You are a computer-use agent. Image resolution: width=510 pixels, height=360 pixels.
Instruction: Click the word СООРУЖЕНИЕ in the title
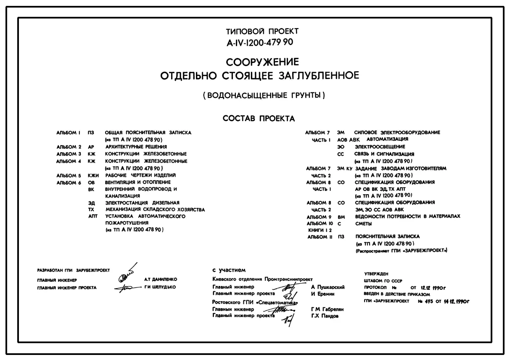[x=262, y=63]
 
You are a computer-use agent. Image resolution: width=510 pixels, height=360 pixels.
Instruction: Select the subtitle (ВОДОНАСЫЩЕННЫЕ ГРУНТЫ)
[x=264, y=95]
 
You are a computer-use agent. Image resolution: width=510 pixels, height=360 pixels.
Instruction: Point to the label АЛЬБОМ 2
[x=69, y=147]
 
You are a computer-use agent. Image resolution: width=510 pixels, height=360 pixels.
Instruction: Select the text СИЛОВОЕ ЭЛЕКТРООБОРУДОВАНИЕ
[x=397, y=132]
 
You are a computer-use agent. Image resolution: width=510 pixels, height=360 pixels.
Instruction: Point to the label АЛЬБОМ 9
[x=320, y=217]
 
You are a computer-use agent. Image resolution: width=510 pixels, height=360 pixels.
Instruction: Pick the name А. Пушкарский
[x=328, y=287]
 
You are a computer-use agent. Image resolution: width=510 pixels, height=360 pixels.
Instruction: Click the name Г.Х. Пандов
[x=325, y=316]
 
